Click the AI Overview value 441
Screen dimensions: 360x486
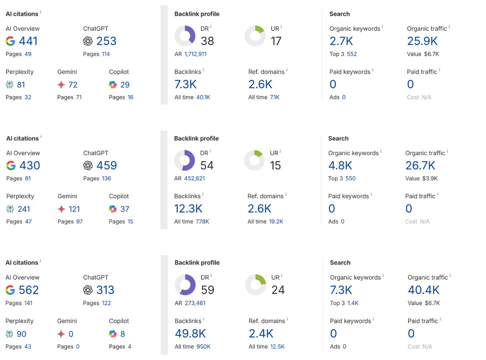[28, 41]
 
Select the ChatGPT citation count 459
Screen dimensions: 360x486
[107, 166]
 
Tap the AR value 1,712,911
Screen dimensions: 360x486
[195, 54]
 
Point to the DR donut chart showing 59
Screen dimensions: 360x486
[185, 285]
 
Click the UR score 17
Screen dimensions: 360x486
[276, 41]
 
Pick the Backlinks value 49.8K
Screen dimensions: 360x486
[190, 334]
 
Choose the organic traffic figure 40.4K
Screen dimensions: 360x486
[424, 290]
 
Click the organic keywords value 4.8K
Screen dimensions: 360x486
[340, 166]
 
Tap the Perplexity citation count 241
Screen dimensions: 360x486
[24, 209]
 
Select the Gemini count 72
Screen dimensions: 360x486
[73, 85]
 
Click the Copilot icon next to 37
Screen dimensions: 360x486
[113, 209]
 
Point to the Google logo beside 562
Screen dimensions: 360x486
[10, 290]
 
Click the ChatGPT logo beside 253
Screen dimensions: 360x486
[88, 41]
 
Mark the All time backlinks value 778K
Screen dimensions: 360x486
[202, 222]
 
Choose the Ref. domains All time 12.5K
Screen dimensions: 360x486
[278, 347]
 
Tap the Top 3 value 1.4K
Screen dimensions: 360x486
[353, 303]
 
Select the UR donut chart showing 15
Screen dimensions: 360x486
[255, 160]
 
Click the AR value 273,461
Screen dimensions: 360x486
[195, 303]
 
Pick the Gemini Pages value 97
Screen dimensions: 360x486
[80, 222]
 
